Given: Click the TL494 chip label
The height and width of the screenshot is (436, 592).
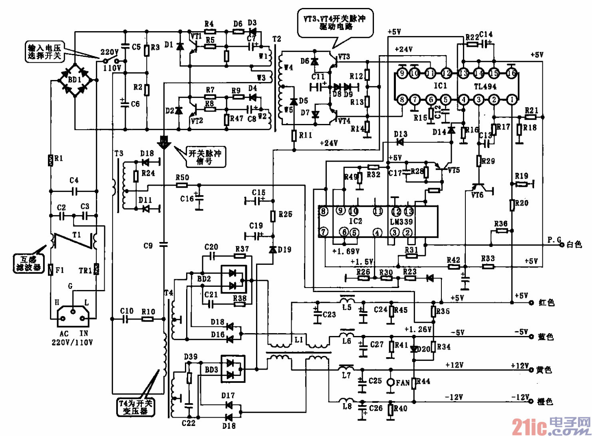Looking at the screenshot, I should click(485, 86).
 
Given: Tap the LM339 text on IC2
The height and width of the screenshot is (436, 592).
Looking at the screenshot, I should click(401, 221).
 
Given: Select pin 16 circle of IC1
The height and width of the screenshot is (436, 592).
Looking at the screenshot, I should click(511, 73).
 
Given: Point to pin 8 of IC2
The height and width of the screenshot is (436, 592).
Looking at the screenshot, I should click(323, 211).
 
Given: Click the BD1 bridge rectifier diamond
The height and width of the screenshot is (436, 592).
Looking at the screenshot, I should click(75, 80).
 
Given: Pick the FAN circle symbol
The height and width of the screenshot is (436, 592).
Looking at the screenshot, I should click(391, 382).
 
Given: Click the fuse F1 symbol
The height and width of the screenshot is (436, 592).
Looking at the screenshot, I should click(51, 270).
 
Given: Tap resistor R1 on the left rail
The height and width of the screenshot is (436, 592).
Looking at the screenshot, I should click(51, 160).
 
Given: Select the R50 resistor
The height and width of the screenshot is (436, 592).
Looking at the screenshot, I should click(182, 185).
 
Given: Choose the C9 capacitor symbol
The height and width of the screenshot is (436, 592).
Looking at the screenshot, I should click(163, 244).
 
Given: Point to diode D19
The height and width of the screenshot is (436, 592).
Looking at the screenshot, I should click(273, 250).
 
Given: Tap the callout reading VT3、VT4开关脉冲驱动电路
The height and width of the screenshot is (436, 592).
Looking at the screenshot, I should click(334, 22).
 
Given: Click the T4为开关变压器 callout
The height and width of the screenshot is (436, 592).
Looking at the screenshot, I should click(135, 407).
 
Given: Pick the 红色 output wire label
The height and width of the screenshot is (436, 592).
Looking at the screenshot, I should click(546, 303).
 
